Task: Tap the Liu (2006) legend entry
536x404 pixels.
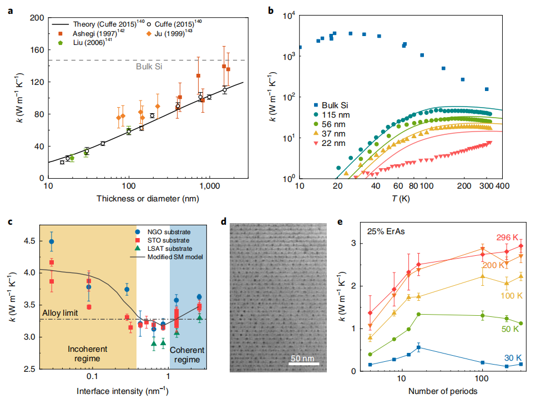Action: pyautogui.click(x=83, y=42)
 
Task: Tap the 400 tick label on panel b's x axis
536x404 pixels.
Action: pyautogui.click(x=502, y=188)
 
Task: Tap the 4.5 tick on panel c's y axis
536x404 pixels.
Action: pyautogui.click(x=28, y=241)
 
